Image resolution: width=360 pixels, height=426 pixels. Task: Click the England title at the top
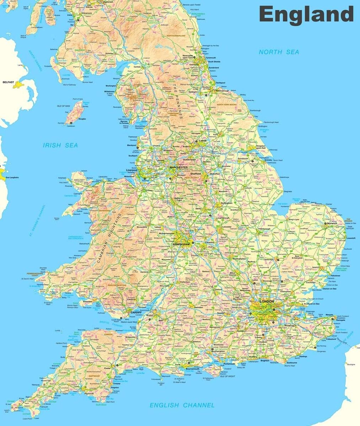(306, 15)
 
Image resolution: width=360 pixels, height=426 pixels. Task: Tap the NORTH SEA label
(279, 52)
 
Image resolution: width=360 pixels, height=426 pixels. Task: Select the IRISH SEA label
(60, 145)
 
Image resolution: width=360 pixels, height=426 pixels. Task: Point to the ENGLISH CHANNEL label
(182, 405)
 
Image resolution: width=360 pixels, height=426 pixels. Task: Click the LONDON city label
(267, 301)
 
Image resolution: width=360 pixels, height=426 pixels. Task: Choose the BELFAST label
(8, 82)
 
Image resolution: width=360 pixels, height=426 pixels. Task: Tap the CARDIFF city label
(136, 312)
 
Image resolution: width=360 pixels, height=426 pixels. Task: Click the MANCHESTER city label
(178, 167)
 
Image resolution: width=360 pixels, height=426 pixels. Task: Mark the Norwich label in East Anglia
(332, 224)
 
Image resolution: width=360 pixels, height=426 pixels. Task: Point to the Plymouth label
(89, 394)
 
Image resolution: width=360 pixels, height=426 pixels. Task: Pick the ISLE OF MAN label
(64, 106)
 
